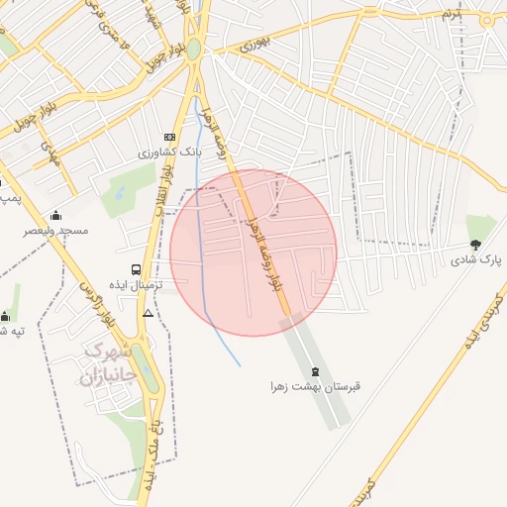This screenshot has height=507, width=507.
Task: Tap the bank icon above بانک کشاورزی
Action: [x=169, y=137]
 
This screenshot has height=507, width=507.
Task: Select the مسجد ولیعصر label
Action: [x=56, y=231]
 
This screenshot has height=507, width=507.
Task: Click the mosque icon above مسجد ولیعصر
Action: [x=55, y=215]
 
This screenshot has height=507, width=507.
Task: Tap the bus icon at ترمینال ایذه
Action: [x=136, y=268]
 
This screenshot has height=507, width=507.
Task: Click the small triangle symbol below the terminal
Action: [x=148, y=313]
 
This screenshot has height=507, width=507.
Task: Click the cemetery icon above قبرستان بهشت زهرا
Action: [x=315, y=370]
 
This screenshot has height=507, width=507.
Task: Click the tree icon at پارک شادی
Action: [x=475, y=244]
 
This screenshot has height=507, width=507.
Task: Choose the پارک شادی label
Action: [x=477, y=259]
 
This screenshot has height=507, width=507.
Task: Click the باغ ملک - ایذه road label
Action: [x=153, y=436]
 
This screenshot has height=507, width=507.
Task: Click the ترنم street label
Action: [x=452, y=14]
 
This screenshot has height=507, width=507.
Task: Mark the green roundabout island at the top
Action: [x=195, y=49]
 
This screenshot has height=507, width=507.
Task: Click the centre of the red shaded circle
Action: [x=253, y=253]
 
